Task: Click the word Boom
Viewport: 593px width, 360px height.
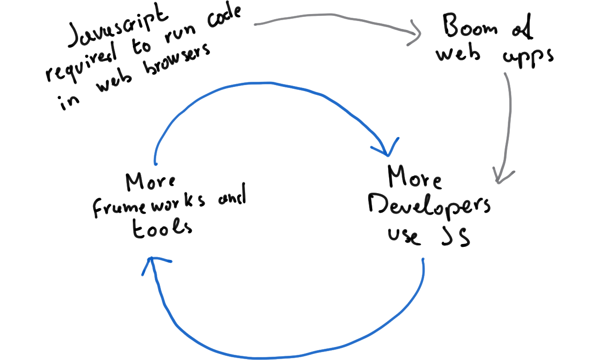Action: click(470, 26)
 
